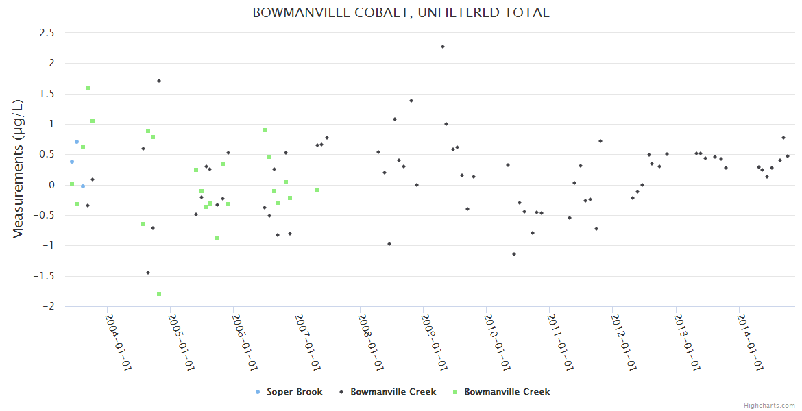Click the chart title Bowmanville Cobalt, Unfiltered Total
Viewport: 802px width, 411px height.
pyautogui.click(x=400, y=13)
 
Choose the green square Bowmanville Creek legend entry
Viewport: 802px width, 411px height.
pyautogui.click(x=507, y=392)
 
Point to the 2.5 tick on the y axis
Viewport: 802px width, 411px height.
pyautogui.click(x=47, y=32)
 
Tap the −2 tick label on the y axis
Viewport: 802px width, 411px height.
pyautogui.click(x=48, y=306)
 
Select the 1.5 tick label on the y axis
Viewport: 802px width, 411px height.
pyautogui.click(x=47, y=93)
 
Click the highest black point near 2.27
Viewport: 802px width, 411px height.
pyautogui.click(x=443, y=47)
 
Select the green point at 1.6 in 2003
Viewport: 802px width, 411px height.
pyautogui.click(x=88, y=88)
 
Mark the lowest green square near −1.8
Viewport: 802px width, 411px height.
pyautogui.click(x=159, y=294)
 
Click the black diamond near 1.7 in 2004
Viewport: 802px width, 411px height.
pyautogui.click(x=159, y=81)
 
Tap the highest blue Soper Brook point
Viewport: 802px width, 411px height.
pyautogui.click(x=77, y=142)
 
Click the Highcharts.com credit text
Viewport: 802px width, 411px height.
pyautogui.click(x=769, y=405)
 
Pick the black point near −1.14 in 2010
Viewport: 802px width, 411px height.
pyautogui.click(x=514, y=254)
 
